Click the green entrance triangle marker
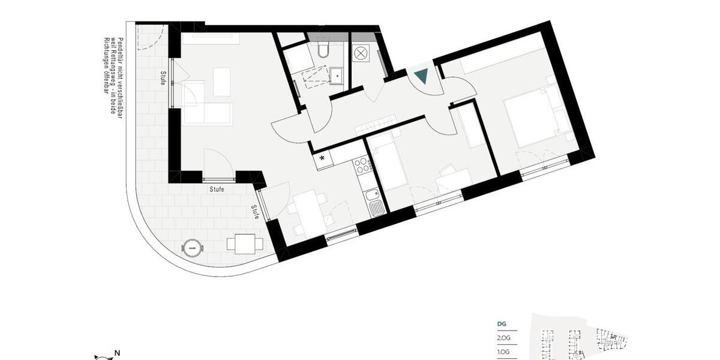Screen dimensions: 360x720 click(421, 76)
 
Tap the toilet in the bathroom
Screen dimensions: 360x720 click(323, 48)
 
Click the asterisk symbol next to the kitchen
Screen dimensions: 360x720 click(322, 159)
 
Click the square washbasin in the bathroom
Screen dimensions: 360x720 click(336, 76)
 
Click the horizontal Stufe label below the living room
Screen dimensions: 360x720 click(217, 189)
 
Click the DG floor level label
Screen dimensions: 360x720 click(502, 324)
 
